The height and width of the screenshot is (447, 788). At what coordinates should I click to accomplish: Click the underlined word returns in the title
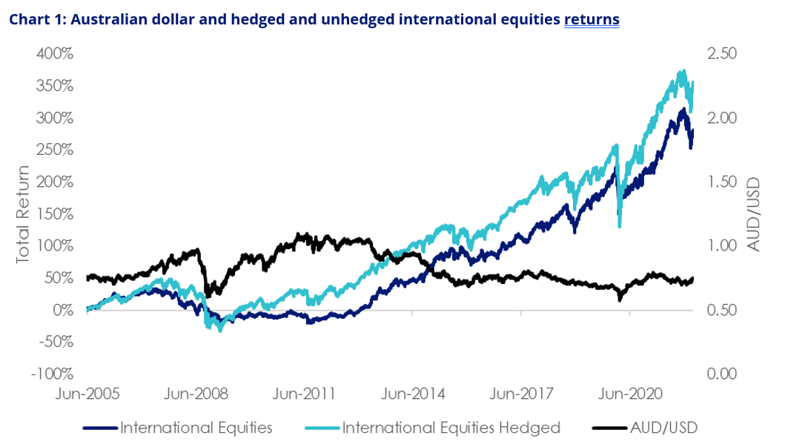coord(591,19)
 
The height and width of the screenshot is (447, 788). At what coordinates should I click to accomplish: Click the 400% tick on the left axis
coord(53,54)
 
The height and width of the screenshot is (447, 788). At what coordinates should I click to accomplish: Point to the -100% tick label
coord(50,374)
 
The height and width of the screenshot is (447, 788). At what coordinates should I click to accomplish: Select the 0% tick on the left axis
coord(62,310)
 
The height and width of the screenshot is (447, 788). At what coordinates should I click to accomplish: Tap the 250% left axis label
coord(53,150)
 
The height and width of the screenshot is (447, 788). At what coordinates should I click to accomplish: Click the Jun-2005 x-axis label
coord(87,394)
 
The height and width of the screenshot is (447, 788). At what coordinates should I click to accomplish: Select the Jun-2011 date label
coord(303,394)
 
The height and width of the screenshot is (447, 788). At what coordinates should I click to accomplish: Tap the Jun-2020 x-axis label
coord(629,394)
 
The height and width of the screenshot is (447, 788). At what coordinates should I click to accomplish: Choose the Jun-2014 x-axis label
coord(411,394)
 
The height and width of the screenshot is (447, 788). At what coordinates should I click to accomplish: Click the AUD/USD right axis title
coord(755,213)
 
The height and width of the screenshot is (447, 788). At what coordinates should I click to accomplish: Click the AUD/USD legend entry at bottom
coord(664,428)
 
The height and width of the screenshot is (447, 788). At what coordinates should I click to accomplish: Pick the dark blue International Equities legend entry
coord(196,428)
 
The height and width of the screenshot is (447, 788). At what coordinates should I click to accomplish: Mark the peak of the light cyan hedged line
coord(683,72)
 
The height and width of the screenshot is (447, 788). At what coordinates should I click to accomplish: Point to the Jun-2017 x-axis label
coord(520,394)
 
